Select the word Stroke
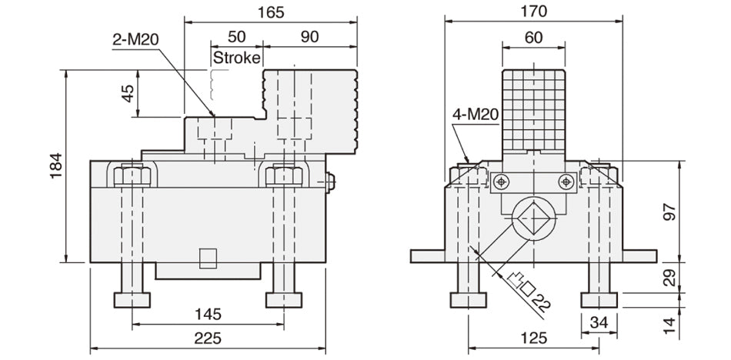(236, 58)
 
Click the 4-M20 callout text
(476, 115)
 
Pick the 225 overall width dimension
(208, 338)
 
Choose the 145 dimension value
(208, 313)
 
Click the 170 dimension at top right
(533, 11)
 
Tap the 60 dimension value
(533, 35)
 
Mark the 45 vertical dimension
(128, 93)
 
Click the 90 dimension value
(311, 36)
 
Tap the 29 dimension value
(669, 277)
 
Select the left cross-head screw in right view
(502, 182)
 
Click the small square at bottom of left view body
(208, 258)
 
